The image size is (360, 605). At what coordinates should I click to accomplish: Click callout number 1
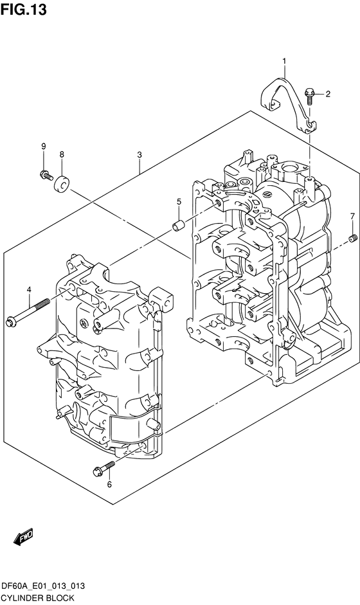pyautogui.click(x=283, y=61)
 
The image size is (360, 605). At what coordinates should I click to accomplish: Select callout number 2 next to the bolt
pyautogui.click(x=327, y=95)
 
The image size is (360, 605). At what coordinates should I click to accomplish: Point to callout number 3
pyautogui.click(x=139, y=155)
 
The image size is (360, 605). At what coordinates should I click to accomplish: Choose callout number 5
pyautogui.click(x=179, y=202)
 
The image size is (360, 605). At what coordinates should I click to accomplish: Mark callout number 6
pyautogui.click(x=109, y=484)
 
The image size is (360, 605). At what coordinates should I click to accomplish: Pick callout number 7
pyautogui.click(x=352, y=215)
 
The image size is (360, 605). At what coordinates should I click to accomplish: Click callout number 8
pyautogui.click(x=62, y=154)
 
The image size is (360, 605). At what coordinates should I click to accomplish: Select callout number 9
pyautogui.click(x=44, y=147)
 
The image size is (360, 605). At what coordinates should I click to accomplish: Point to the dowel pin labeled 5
pyautogui.click(x=179, y=226)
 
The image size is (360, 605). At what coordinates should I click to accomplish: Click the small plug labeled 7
pyautogui.click(x=352, y=239)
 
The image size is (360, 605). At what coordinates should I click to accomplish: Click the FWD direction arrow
pyautogui.click(x=23, y=536)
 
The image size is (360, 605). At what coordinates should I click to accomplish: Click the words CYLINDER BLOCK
pyautogui.click(x=37, y=597)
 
